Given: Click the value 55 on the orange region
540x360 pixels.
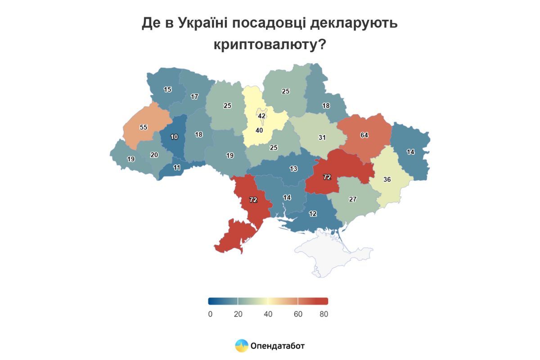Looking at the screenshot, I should [x=144, y=127].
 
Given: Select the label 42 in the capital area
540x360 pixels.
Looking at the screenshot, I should [x=261, y=116].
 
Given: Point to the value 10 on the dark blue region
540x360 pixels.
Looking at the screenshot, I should [x=174, y=137].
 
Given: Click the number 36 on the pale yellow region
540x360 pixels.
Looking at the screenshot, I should [x=387, y=179].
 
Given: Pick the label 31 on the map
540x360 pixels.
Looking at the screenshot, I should [x=322, y=138].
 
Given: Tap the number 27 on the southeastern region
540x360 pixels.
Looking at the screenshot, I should [x=353, y=199].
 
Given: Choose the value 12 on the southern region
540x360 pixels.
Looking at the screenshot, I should [x=312, y=214].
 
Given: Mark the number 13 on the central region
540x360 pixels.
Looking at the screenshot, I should [x=293, y=169].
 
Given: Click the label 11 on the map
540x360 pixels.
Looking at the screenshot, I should [x=177, y=167].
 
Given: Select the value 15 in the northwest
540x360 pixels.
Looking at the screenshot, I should [x=167, y=90].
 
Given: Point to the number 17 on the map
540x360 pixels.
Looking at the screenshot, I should [x=194, y=96].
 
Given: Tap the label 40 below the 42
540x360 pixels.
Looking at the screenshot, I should [x=259, y=130].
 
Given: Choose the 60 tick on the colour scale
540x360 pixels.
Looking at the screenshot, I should [x=298, y=314].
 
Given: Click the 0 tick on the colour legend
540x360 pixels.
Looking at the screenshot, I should [x=210, y=314].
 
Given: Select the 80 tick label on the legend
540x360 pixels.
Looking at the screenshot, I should [x=324, y=314].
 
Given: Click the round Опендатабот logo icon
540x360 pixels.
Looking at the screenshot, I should [x=242, y=346].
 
